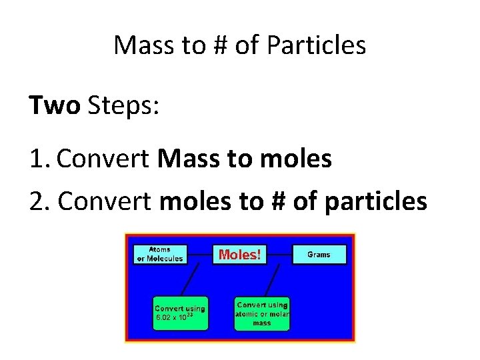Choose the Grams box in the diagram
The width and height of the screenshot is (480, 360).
coord(319,254)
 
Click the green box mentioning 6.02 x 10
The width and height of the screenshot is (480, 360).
coord(180,313)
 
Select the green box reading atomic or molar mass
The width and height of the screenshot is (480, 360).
coord(262,313)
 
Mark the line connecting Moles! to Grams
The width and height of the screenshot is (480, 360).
coord(280,254)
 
